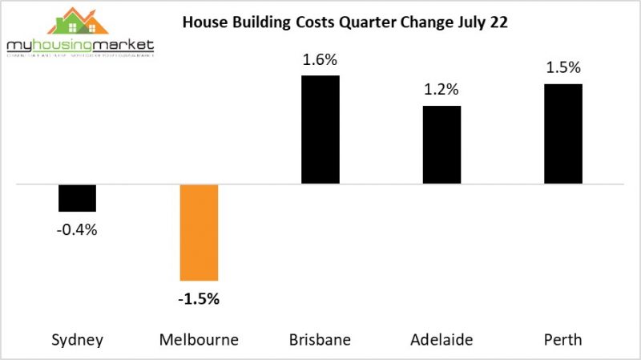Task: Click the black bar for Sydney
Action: pos(78,198)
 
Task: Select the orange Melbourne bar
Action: pos(199,232)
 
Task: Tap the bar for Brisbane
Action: pos(320,130)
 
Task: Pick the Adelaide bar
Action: pos(441,145)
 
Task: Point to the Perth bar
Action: pos(563,134)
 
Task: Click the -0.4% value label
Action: pos(78,230)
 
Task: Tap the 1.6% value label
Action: pos(320,59)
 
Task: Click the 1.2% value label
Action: pos(441,90)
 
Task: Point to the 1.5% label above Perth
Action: pos(563,68)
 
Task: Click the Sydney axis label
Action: pos(78,339)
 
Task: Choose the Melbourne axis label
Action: pos(199,339)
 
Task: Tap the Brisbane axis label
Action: pos(320,339)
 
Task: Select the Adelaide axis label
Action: pos(441,339)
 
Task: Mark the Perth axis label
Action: pos(563,339)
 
